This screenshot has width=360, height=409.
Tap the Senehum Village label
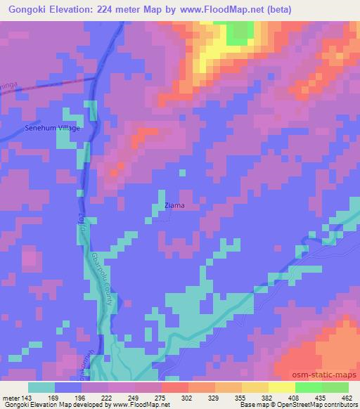pyautogui.click(x=49, y=129)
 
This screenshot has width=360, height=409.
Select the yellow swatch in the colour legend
pyautogui.click(x=281, y=387)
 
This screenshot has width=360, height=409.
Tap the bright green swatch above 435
pyautogui.click(x=308, y=387)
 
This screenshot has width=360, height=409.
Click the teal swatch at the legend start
pyautogui.click(x=41, y=387)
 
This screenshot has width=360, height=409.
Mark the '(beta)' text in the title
pyautogui.click(x=274, y=9)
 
